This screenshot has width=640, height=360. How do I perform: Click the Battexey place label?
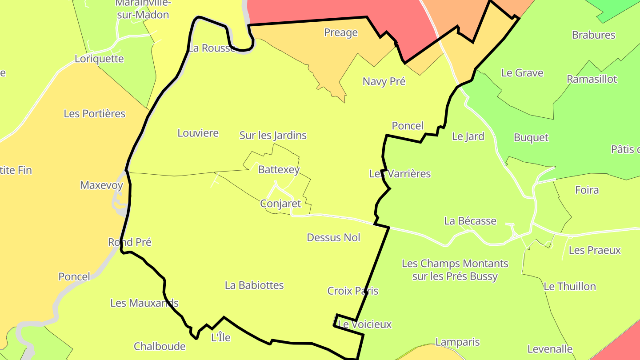tap(279, 170)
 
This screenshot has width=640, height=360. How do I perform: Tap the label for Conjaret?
tap(280, 204)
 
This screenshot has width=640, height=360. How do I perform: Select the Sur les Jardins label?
tap(273, 135)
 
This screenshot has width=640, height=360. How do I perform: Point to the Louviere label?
tap(198, 133)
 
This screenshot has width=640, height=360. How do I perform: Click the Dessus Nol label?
tap(333, 237)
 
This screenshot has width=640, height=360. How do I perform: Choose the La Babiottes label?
tap(254, 285)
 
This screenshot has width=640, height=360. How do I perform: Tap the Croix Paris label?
tap(353, 291)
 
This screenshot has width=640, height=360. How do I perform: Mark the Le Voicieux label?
tap(365, 324)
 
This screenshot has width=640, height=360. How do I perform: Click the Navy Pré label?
tap(384, 81)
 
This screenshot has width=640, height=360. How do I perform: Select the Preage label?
tap(341, 32)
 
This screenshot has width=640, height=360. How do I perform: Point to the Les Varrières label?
tap(400, 173)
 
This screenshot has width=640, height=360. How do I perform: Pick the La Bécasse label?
tap(470, 221)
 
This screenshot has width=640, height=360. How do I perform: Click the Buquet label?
tap(531, 137)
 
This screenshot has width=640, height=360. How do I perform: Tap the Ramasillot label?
tap(592, 79)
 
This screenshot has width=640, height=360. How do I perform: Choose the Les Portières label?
tap(95, 113)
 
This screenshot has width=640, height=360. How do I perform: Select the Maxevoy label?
tap(101, 185)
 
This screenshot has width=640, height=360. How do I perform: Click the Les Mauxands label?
tap(144, 303)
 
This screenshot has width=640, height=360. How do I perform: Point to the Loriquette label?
tap(99, 59)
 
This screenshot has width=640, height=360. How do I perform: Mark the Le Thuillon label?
tap(570, 286)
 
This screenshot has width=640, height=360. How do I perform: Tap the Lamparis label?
tap(457, 342)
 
